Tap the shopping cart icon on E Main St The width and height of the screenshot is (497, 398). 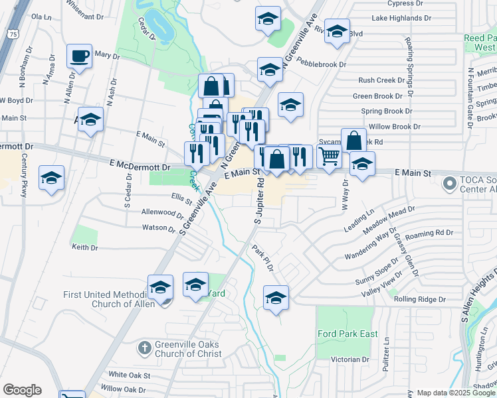(330, 157)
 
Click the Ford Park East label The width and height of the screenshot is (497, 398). (348, 334)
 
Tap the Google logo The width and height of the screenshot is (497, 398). (22, 390)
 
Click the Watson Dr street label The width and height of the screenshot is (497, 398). (158, 228)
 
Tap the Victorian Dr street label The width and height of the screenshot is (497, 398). (351, 360)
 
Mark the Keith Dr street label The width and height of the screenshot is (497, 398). (84, 247)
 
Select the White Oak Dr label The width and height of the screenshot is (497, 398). (127, 375)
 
